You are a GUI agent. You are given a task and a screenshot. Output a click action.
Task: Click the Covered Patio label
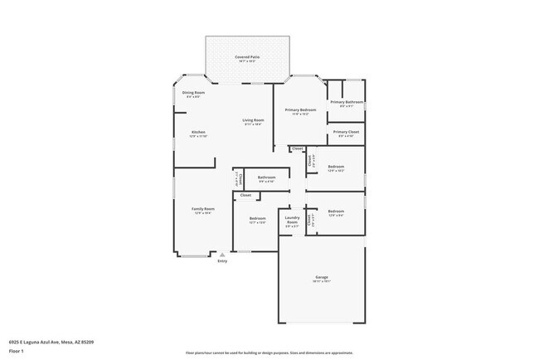247,57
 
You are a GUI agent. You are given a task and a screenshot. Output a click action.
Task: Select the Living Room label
252,120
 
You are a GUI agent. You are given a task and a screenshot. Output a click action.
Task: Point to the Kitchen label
198,132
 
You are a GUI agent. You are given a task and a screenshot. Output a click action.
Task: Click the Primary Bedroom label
299,109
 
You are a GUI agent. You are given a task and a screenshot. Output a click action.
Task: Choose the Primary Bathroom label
347,102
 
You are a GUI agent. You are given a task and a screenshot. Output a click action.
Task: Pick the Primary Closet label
346,132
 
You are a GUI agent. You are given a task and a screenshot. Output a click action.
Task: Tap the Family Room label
203,209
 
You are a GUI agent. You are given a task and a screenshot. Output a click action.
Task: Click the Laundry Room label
292,221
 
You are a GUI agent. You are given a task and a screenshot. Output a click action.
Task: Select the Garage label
321,276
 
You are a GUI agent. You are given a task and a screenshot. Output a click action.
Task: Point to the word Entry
222,261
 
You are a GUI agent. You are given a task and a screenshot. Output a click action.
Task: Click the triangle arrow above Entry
222,255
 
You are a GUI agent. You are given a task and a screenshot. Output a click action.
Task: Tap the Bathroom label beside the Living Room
266,177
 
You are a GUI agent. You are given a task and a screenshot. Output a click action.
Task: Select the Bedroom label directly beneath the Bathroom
257,219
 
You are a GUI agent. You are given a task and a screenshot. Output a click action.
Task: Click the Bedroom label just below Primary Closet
336,167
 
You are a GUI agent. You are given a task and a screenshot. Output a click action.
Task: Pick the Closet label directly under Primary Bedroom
297,148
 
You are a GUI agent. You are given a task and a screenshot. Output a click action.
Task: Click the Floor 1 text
17,351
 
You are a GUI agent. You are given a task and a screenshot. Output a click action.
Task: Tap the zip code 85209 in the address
86,341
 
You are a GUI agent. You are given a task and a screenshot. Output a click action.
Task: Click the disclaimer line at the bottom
269,352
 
